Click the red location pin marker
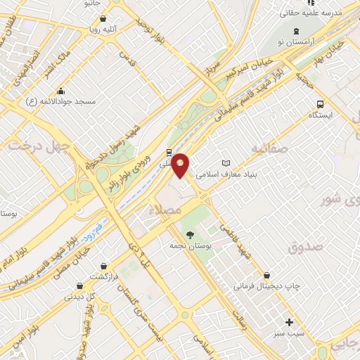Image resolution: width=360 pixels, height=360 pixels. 181,165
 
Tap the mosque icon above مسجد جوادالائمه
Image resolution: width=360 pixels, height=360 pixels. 61,91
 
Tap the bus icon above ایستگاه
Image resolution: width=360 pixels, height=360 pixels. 320,102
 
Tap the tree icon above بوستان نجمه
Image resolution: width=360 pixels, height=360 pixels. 189,234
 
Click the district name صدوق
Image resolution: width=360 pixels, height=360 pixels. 304,247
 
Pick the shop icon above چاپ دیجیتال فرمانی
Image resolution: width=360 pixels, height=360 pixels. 266,275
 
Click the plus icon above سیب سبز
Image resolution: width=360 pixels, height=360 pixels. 289,321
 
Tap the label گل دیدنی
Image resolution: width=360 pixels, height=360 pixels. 79,296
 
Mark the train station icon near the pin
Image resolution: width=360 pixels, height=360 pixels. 169,152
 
